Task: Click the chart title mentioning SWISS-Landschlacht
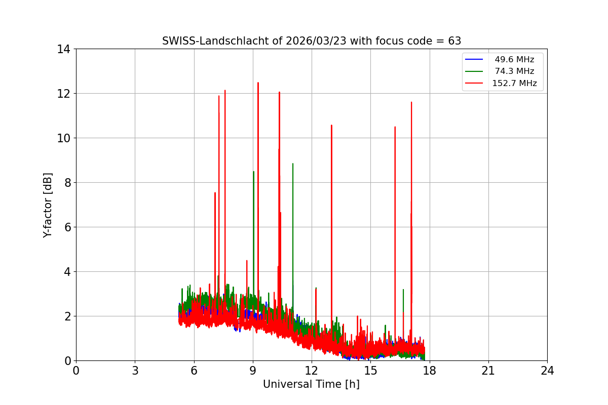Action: click(x=311, y=41)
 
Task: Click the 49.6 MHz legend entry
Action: click(x=514, y=60)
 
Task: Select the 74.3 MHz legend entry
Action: click(x=514, y=71)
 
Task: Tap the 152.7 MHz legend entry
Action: click(x=514, y=84)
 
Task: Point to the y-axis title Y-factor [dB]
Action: click(x=48, y=205)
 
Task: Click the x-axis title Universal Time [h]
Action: click(x=311, y=384)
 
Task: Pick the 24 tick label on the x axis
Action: click(x=547, y=371)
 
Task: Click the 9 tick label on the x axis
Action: click(x=253, y=371)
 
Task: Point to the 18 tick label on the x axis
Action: click(x=429, y=371)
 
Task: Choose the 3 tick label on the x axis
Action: click(x=135, y=371)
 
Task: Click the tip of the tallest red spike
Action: click(x=258, y=83)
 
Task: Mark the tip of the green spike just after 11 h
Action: click(x=292, y=164)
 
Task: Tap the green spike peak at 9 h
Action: click(x=253, y=172)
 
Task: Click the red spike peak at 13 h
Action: click(x=331, y=125)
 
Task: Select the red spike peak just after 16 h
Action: click(x=395, y=127)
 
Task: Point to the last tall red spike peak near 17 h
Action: click(x=411, y=102)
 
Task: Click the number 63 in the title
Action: click(x=454, y=41)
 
